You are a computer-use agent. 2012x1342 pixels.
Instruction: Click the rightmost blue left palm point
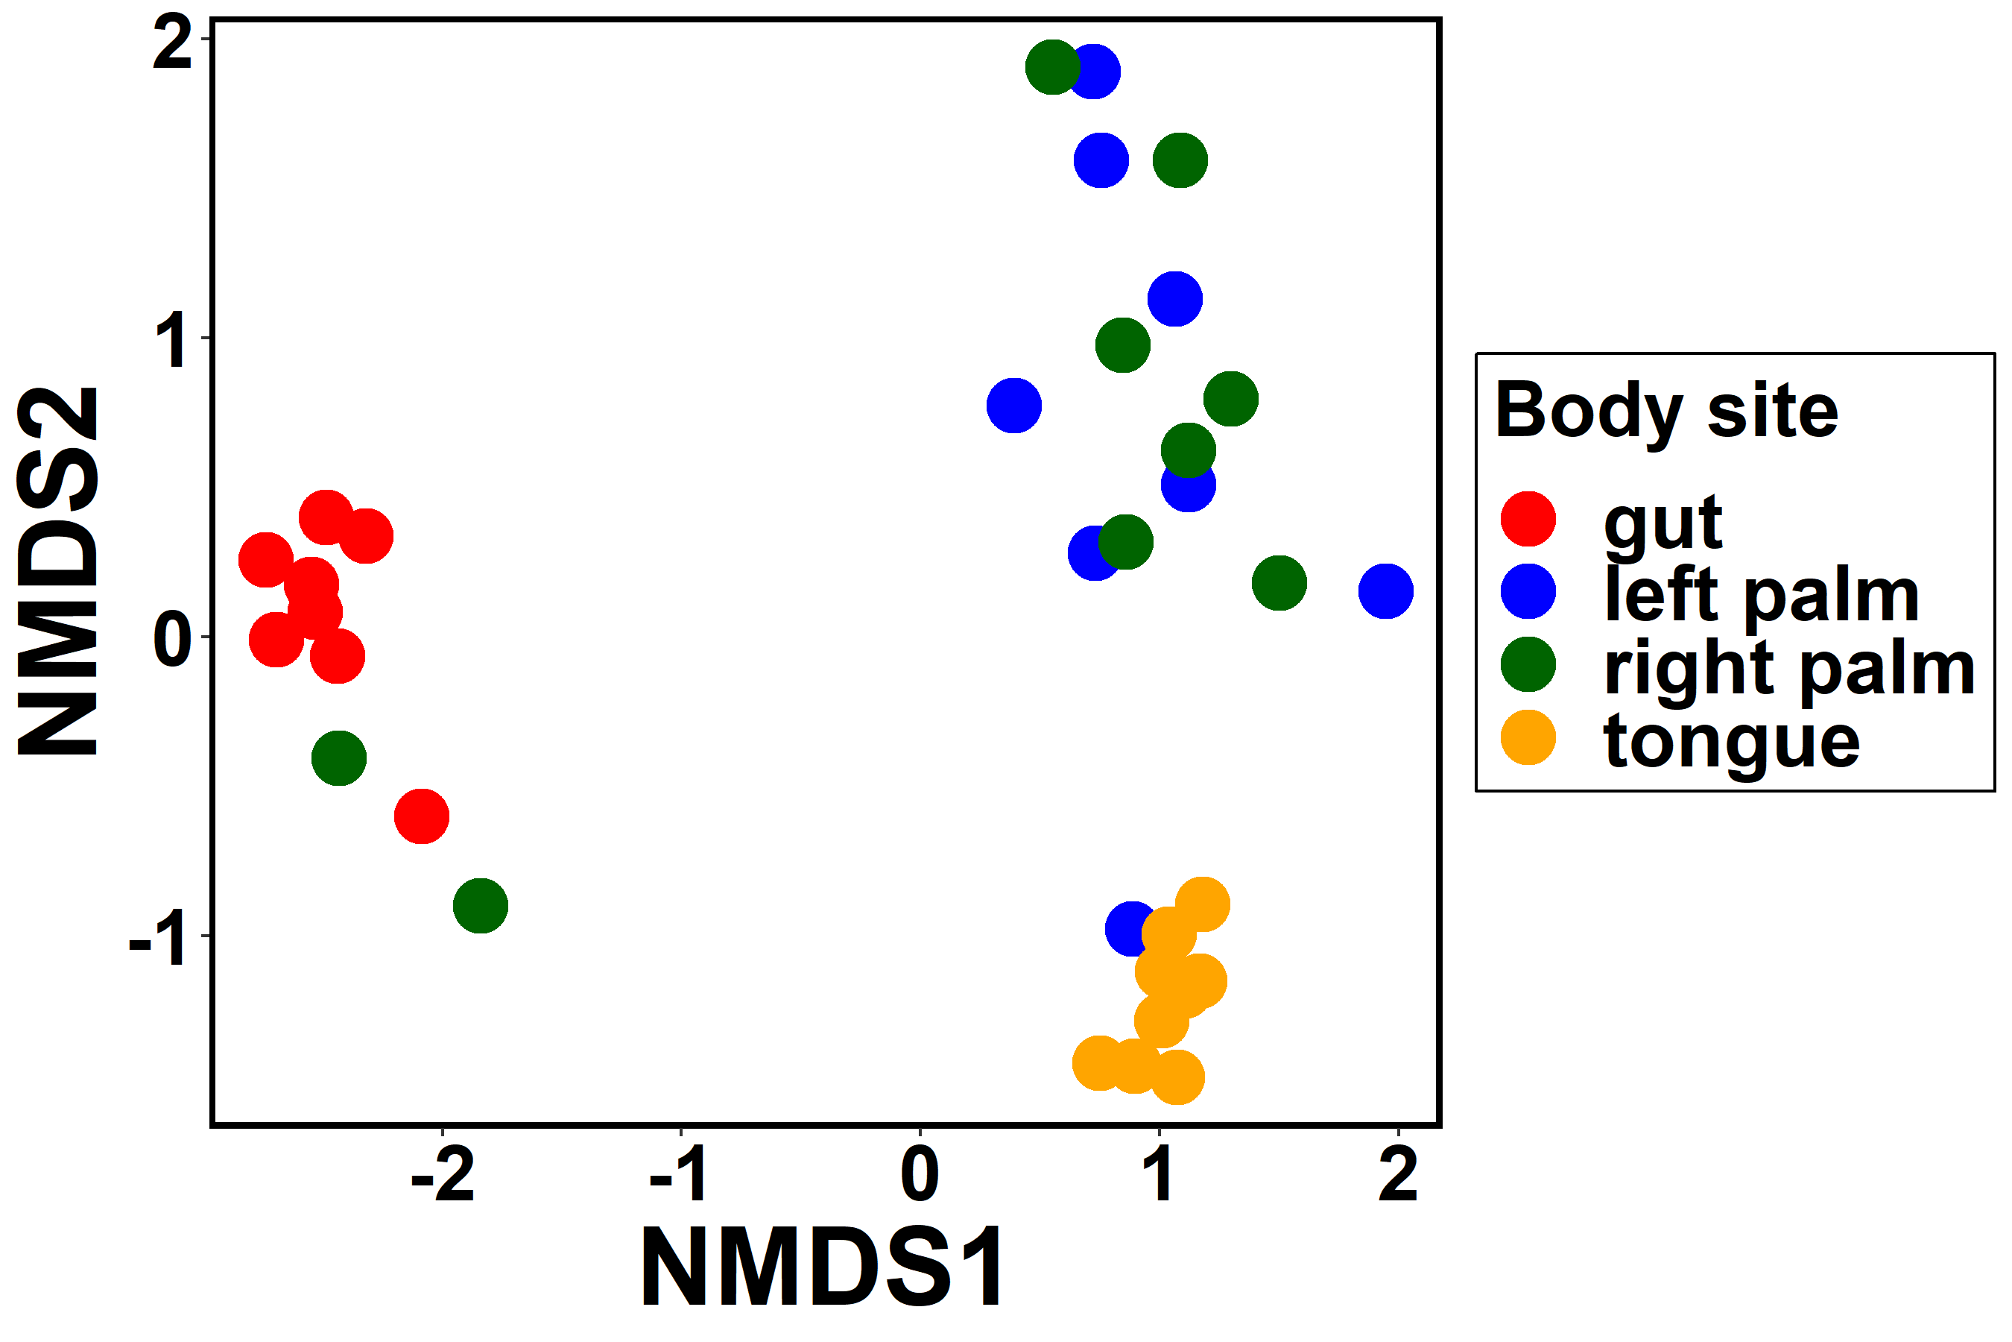click(1385, 590)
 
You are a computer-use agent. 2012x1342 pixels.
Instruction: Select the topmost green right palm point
click(1052, 67)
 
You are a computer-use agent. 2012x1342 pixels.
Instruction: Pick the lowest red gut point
click(422, 816)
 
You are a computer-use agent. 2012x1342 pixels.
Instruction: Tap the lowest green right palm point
click(481, 906)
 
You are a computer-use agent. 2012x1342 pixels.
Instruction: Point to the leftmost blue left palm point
click(1013, 406)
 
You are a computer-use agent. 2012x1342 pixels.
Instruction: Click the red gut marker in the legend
click(1528, 519)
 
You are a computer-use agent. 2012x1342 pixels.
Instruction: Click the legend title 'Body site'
click(1666, 412)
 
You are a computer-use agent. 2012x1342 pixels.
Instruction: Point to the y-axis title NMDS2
click(58, 572)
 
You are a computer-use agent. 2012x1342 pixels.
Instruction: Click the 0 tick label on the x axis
click(920, 1176)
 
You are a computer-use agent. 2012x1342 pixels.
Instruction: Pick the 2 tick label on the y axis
click(172, 42)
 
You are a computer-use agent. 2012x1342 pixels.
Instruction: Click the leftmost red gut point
click(266, 561)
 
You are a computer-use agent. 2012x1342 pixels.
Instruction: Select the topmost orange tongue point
click(1202, 904)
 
